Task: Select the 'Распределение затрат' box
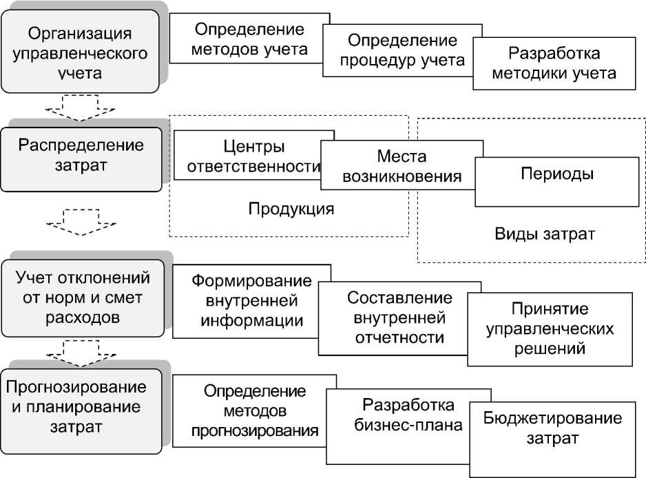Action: [x=81, y=156]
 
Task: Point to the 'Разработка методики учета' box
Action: [x=554, y=63]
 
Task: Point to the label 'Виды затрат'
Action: [x=544, y=233]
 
